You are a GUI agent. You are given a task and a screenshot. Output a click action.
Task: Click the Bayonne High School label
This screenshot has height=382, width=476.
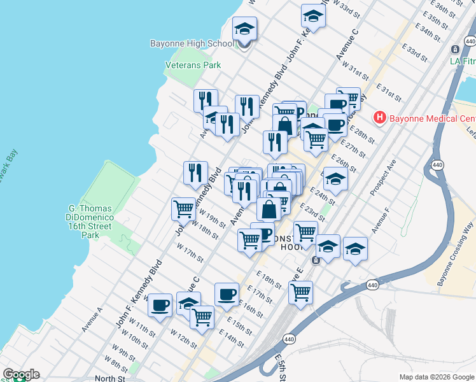pos(192,44)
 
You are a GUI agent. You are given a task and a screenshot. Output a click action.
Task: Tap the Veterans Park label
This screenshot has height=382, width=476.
pos(193,65)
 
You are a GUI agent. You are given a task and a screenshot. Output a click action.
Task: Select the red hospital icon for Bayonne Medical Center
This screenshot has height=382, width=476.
pos(380,118)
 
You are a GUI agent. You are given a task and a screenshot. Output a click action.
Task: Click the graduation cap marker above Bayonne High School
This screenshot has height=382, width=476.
pos(244,31)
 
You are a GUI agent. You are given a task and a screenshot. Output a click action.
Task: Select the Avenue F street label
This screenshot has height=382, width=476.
pos(381,219)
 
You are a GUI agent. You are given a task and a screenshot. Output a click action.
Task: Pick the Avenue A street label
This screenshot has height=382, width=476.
pos(92,320)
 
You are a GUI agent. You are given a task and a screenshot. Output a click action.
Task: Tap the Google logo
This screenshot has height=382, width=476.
pos(21,374)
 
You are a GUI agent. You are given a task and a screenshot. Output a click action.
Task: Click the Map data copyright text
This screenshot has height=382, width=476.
pos(437,377)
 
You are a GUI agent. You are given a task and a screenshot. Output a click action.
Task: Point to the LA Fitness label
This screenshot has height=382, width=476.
pos(462,62)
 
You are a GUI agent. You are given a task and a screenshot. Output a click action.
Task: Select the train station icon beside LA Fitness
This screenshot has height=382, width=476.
pos(455,49)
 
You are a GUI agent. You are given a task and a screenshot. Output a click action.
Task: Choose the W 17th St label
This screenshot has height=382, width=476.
pos(190,253)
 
